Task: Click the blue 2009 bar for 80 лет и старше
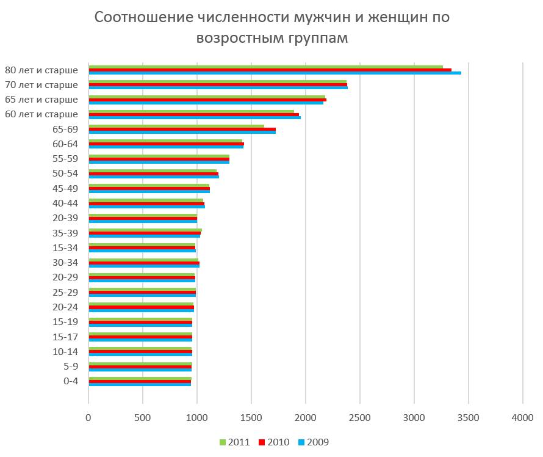pyautogui.click(x=275, y=73)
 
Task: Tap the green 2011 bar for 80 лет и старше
pyautogui.click(x=265, y=67)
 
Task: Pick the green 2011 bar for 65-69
pyautogui.click(x=176, y=126)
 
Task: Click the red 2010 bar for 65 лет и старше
pyautogui.click(x=207, y=100)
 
